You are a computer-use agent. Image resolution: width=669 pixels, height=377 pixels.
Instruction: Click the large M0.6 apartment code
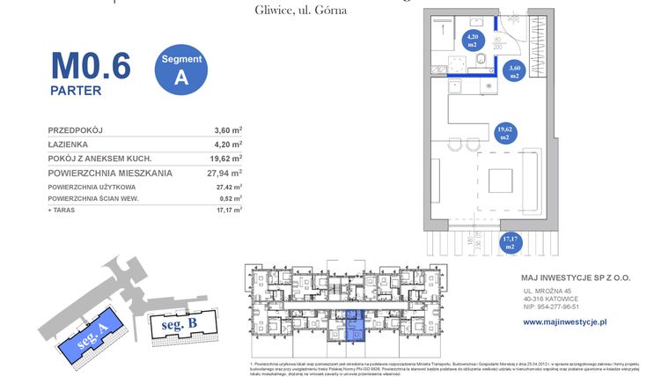[90, 65]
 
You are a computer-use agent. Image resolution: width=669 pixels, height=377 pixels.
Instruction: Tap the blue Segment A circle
[181, 69]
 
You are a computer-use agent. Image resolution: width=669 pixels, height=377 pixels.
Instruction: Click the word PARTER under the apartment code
[75, 90]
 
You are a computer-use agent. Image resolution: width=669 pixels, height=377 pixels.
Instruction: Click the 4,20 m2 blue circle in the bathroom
[473, 38]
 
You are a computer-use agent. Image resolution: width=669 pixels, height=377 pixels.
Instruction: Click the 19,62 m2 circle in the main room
[505, 133]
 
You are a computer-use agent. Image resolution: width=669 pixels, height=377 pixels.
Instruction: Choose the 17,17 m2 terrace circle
[510, 242]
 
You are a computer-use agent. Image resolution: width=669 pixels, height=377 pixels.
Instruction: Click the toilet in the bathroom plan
[482, 59]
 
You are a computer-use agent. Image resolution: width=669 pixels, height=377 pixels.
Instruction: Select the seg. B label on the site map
[178, 324]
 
